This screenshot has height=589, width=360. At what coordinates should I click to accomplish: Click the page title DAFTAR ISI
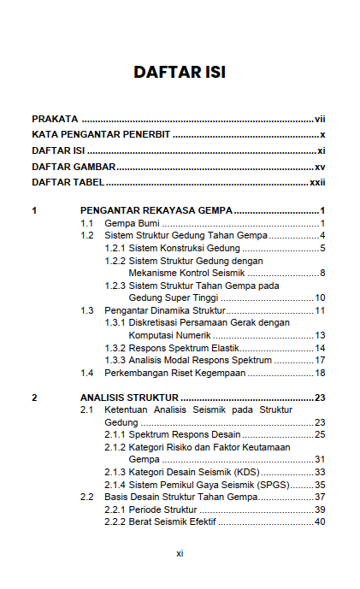[x=180, y=72]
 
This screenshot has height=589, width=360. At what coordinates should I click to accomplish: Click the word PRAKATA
[x=55, y=119]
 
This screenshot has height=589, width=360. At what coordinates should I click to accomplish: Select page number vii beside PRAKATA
[x=321, y=119]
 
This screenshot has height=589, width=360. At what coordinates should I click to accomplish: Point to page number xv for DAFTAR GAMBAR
[x=321, y=167]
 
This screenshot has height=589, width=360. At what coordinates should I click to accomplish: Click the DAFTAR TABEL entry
[x=68, y=182]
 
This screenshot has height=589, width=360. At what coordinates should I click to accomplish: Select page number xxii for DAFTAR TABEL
[x=318, y=182]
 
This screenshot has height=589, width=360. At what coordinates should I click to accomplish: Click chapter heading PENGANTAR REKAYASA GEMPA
[x=156, y=210]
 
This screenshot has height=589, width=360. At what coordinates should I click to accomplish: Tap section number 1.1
[x=87, y=223]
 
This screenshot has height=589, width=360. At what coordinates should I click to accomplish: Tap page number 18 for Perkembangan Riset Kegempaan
[x=321, y=373]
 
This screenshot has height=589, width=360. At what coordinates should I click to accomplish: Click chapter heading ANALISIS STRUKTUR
[x=129, y=398]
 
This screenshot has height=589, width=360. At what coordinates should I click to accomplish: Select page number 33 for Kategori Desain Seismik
[x=321, y=472]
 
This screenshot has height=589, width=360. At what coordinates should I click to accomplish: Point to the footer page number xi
[x=180, y=553]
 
